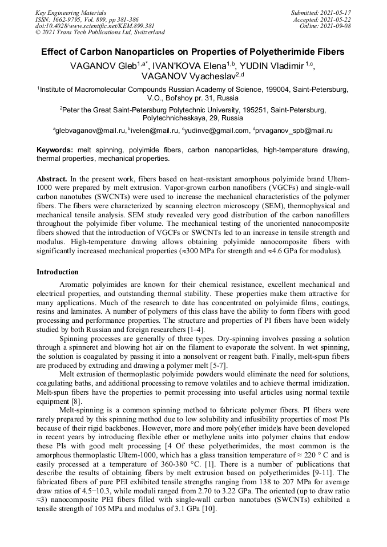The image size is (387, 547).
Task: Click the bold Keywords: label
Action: pos(55,150)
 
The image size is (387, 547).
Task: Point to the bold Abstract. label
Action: pos(53,179)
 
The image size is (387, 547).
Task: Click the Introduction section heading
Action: pos(58,272)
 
